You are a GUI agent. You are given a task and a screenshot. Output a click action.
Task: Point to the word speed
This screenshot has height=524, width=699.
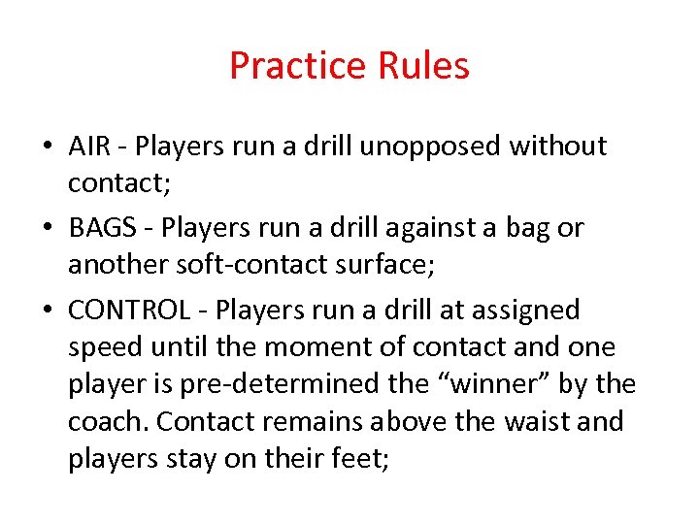pos(105,348)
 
